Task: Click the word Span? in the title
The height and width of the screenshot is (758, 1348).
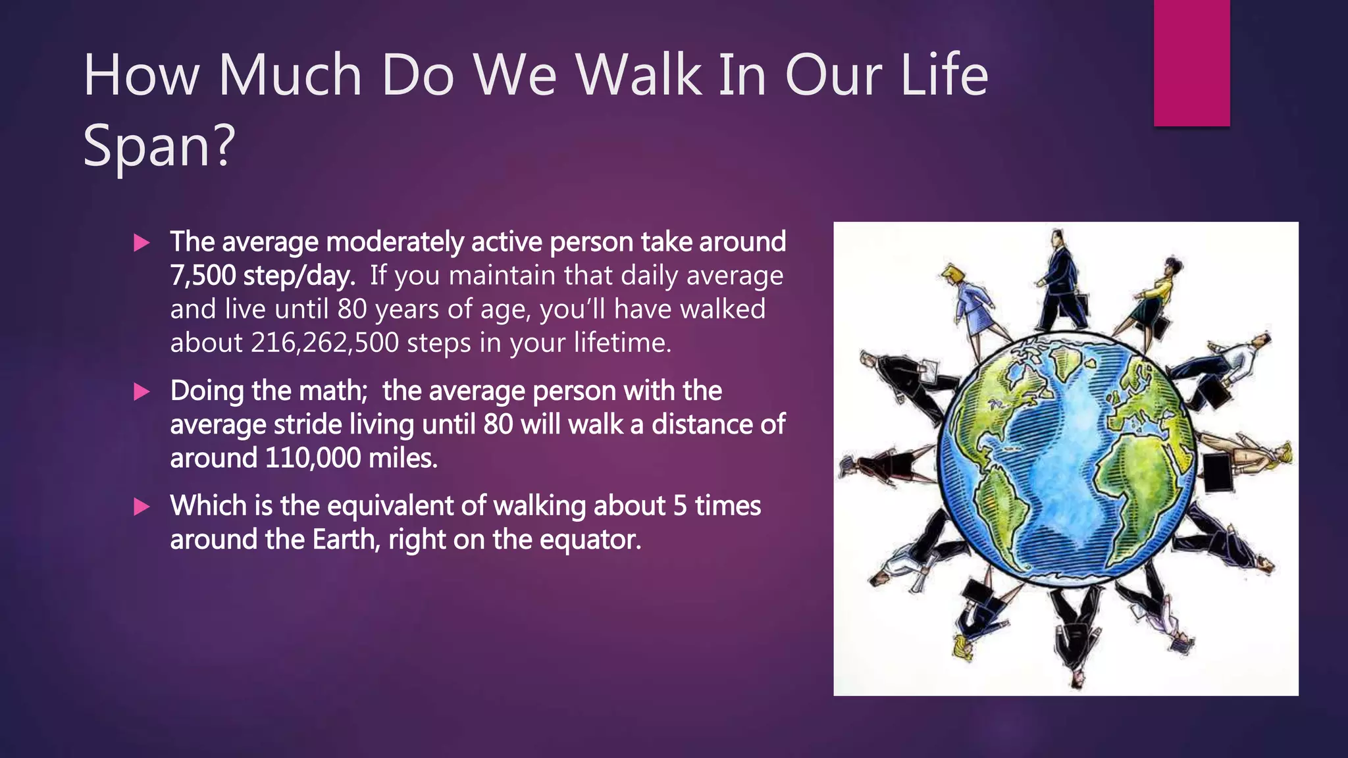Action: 159,146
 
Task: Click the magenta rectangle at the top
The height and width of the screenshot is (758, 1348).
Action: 1191,63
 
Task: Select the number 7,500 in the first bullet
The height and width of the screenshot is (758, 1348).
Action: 203,276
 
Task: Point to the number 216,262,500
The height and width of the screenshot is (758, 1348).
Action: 324,343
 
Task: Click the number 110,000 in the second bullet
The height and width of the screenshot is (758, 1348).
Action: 313,458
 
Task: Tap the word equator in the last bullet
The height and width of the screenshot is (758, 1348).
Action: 589,540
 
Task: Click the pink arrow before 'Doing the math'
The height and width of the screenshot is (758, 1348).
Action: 142,392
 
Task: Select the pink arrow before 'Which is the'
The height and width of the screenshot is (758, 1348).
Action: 142,507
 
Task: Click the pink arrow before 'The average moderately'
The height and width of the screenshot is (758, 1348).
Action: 142,243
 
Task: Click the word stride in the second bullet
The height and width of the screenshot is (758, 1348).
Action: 307,424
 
